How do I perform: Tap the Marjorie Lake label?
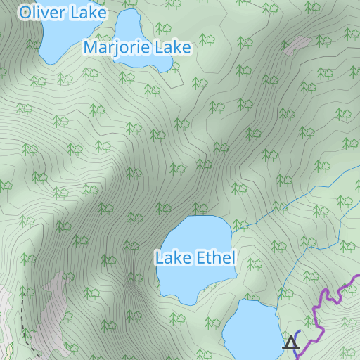[x=137, y=48]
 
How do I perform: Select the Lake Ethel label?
[x=195, y=258]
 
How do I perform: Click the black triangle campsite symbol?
[x=290, y=343]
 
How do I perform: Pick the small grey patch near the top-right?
[x=297, y=45]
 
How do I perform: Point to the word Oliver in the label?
[x=43, y=13]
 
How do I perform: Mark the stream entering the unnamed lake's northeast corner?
[x=278, y=304]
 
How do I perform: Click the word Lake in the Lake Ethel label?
[x=172, y=258]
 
